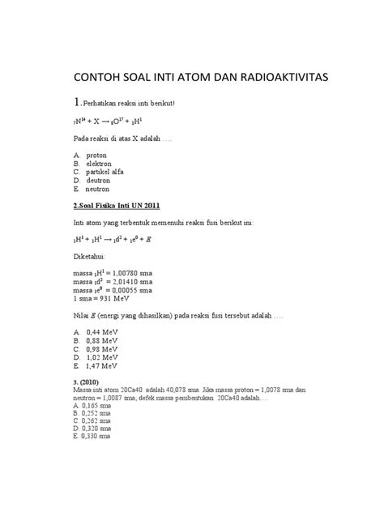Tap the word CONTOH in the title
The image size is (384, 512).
point(101,78)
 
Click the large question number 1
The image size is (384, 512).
point(78,103)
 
